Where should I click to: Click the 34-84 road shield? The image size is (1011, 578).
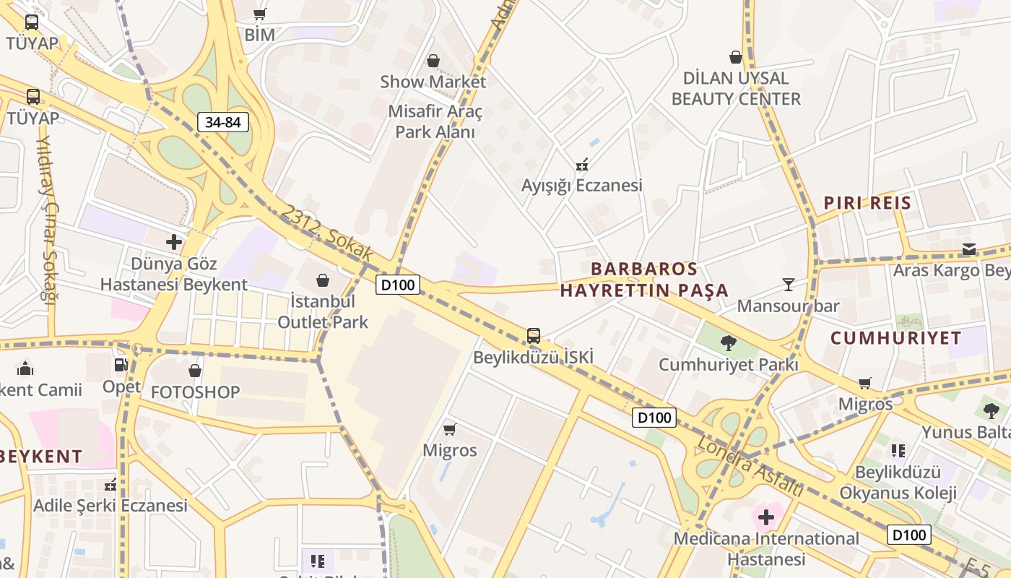[222, 122]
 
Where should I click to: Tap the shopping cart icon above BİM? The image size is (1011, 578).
[260, 14]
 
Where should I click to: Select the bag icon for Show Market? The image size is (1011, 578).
[433, 61]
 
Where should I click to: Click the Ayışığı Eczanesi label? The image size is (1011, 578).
[581, 186]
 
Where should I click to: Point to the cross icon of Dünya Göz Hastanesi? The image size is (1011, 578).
[174, 242]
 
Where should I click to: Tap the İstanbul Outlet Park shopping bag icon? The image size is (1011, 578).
[323, 280]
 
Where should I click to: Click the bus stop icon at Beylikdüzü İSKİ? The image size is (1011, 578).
[533, 335]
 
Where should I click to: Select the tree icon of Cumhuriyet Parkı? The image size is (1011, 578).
[728, 343]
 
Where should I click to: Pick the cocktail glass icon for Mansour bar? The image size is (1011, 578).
[788, 285]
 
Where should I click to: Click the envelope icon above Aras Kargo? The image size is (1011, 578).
[968, 250]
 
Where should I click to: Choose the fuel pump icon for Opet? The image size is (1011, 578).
[121, 366]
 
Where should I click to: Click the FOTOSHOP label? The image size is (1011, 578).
[195, 392]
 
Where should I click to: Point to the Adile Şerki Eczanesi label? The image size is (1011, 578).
[110, 505]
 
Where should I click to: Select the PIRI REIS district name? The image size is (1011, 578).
[867, 202]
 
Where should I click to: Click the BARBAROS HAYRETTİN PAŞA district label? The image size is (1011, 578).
[644, 280]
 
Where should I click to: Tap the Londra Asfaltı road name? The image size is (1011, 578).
[750, 465]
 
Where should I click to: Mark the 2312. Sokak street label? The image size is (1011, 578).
[327, 233]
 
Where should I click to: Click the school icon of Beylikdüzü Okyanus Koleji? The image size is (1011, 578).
[898, 451]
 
